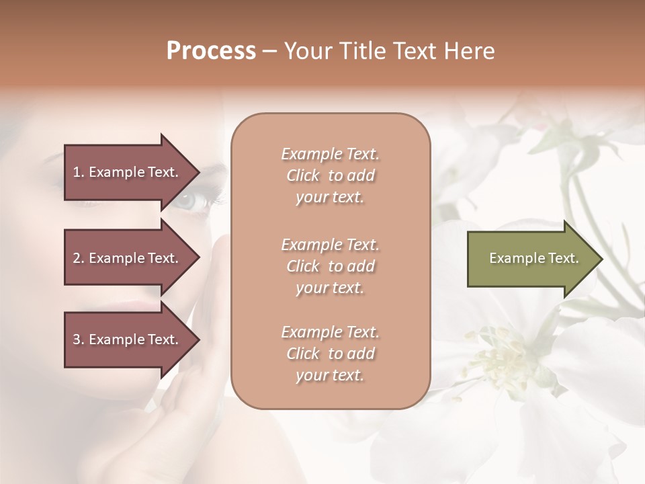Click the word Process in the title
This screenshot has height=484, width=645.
[x=211, y=51]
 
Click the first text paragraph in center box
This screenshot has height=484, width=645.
[x=330, y=175]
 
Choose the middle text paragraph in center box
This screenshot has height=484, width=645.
[x=330, y=266]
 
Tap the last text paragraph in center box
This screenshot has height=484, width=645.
[x=330, y=354]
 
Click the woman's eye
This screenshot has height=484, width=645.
[x=190, y=200]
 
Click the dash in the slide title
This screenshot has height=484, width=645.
[x=270, y=52]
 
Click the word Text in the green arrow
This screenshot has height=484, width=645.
[x=564, y=258]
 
